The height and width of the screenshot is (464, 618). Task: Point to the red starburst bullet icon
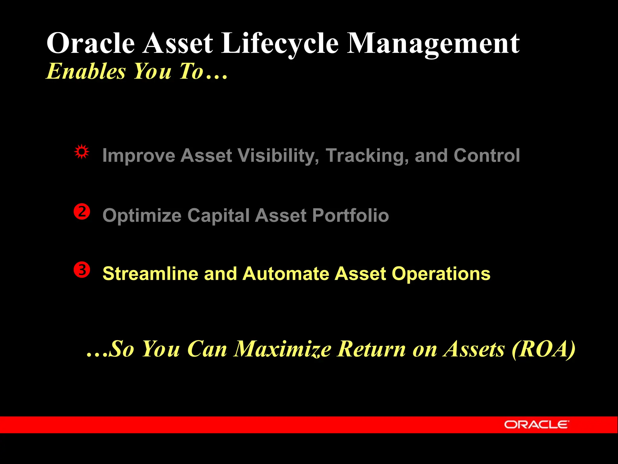[82, 152]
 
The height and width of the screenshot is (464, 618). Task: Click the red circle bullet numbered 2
[82, 212]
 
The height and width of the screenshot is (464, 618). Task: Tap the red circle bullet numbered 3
[82, 270]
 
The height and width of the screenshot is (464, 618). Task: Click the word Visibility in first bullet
[278, 156]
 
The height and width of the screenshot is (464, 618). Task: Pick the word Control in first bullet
[486, 156]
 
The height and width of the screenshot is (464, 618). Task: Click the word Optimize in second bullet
[142, 215]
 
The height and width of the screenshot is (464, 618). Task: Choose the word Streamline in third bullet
[150, 274]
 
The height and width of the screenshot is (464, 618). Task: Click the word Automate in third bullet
[285, 274]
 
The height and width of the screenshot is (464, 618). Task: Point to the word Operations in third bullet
[441, 274]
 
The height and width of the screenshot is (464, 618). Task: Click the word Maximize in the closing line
[283, 349]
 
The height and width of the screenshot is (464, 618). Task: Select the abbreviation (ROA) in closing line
[543, 349]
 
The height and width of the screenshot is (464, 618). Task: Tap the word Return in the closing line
[371, 349]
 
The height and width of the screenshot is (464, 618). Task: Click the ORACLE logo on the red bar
[536, 424]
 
